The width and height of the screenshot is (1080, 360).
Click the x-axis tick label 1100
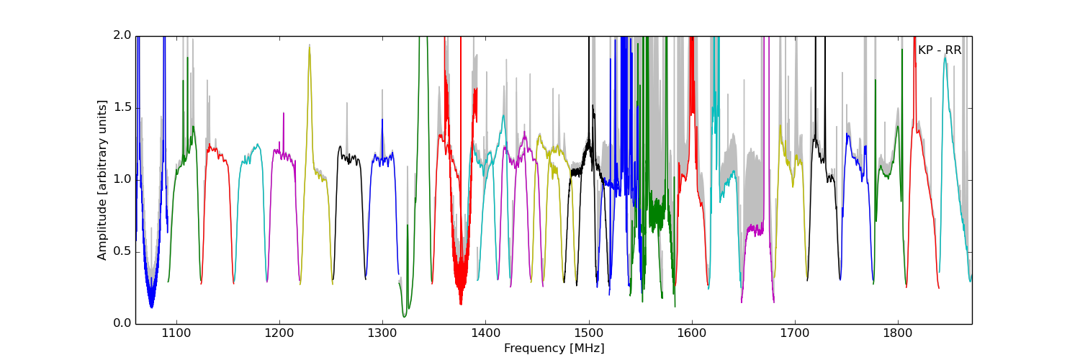point(176,333)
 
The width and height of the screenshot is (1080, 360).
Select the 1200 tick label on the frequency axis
point(279,333)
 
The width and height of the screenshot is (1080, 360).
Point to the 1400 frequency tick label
point(485,333)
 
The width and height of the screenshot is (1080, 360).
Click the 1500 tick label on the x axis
point(589,333)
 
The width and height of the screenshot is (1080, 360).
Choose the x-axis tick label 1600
point(692,333)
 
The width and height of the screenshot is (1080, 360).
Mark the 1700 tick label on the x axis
point(795,333)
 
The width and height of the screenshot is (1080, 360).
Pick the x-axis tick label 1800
point(898,333)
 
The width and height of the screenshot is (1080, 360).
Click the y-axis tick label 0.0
point(123,323)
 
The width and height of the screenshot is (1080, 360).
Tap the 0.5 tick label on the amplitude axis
point(123,251)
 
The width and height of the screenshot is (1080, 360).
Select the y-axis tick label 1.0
point(123,179)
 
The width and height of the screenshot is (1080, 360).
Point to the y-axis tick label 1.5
point(123,107)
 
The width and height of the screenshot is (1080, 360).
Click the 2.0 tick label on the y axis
point(123,35)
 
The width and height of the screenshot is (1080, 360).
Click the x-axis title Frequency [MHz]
point(554,348)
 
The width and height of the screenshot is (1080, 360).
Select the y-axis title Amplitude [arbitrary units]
point(102,180)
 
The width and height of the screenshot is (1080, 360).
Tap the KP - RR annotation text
point(939,50)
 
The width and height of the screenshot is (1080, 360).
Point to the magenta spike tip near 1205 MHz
point(284,113)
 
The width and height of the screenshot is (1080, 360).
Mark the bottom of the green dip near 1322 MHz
point(405,316)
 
